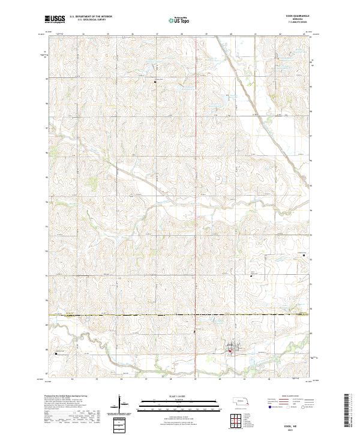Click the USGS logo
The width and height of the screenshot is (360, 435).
(x=55, y=19)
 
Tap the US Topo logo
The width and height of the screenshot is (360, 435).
(x=180, y=19)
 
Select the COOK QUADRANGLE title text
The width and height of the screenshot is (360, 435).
(x=298, y=17)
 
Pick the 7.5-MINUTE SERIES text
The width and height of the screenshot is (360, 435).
(x=298, y=23)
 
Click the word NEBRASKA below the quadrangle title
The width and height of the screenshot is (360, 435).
(x=298, y=20)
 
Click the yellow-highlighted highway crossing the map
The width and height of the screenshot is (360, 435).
(x=180, y=314)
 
